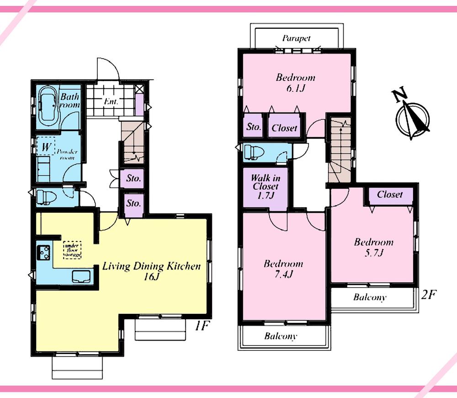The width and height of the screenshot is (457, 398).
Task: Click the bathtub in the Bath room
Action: [x=48, y=106]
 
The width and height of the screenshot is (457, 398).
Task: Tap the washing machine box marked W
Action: [x=45, y=147]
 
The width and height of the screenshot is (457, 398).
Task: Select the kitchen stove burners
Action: [x=44, y=252]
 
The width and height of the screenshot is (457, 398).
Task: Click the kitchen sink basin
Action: [x=82, y=276]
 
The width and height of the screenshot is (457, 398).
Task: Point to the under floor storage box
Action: [x=72, y=250]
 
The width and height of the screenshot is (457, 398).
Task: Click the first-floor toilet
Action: [x=46, y=197]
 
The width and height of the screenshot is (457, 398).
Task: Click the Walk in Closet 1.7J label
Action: [x=265, y=186]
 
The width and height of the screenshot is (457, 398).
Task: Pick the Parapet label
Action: [x=296, y=38]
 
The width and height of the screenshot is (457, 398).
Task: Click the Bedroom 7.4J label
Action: [x=283, y=269]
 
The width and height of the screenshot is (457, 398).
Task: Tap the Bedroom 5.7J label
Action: [x=373, y=247]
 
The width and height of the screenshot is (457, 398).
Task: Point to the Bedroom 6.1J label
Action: [x=295, y=82]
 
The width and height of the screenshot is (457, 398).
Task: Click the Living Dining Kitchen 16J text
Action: [x=151, y=271]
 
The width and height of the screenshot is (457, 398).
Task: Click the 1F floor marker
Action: [x=202, y=327]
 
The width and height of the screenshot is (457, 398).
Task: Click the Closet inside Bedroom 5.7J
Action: [x=390, y=194]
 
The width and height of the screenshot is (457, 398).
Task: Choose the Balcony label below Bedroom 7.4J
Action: [x=281, y=336]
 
